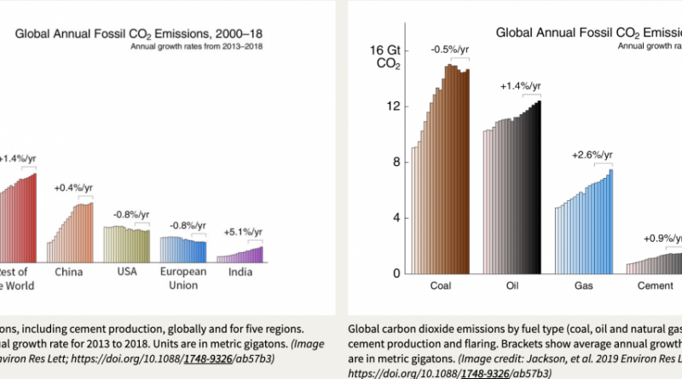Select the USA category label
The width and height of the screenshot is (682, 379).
127,272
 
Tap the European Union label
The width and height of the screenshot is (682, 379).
183,278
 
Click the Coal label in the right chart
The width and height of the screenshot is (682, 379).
440,287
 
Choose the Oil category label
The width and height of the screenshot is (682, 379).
511,287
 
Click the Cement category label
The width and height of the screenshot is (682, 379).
655,287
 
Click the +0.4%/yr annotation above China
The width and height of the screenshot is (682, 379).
74,187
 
